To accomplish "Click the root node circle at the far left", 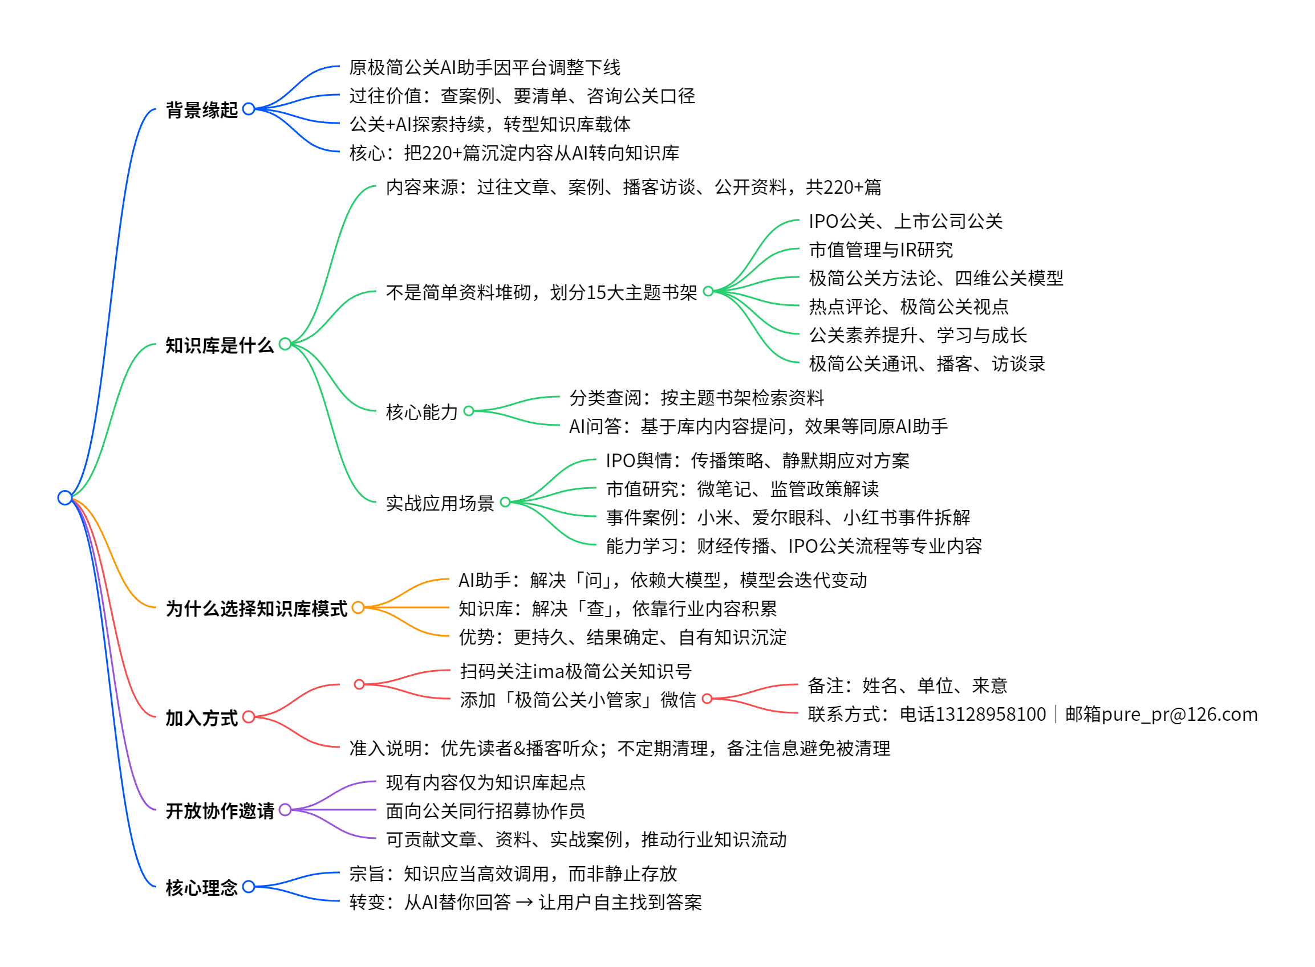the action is pos(65,497).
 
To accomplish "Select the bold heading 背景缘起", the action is pos(201,110).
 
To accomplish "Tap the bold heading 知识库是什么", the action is pos(220,345).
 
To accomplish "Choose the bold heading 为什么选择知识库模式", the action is pos(257,609).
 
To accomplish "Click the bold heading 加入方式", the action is pos(201,718).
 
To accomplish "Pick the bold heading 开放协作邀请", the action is pos(220,811).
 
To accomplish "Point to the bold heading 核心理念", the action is pos(201,888).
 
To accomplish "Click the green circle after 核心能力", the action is pos(469,411).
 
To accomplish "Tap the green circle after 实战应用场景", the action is pos(505,501).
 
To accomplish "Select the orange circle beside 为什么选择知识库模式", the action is pos(359,607).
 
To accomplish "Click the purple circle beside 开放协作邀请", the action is pos(285,810).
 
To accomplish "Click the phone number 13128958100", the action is pos(973,715).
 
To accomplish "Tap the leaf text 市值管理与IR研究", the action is pos(881,250).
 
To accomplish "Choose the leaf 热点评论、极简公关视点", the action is pos(908,307).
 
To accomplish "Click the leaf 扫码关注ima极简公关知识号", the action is pos(576,671).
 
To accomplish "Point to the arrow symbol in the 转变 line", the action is pos(524,903).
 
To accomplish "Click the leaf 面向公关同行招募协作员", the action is pos(486,811).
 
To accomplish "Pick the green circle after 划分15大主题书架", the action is pos(708,291).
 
